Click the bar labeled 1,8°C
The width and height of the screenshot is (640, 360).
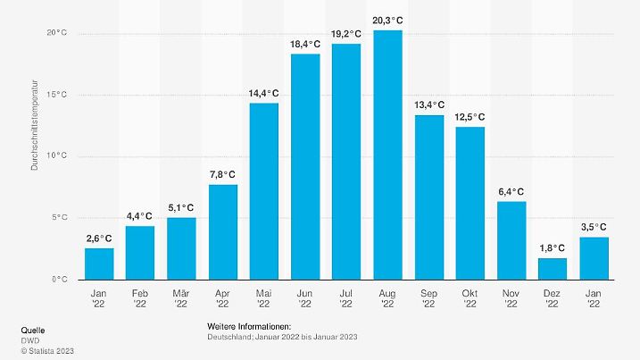tap(553, 268)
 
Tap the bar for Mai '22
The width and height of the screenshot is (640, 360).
tap(263, 191)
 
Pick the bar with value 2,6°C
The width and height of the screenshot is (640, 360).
tap(99, 264)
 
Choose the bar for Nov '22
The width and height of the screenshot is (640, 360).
tap(511, 240)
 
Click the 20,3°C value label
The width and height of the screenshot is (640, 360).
tap(387, 20)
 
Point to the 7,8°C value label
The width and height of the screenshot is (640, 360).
tap(222, 174)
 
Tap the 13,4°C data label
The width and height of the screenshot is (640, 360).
tap(429, 105)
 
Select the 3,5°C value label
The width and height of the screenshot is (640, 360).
tap(594, 227)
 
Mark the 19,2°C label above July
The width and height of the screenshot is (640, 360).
tap(346, 34)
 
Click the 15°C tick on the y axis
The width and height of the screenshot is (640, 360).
tap(57, 95)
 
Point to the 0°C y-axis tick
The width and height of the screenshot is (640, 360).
tap(60, 280)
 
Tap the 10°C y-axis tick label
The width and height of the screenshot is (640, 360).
tap(57, 156)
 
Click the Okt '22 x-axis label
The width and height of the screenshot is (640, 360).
tap(470, 297)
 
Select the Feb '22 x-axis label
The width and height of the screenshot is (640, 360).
tap(140, 297)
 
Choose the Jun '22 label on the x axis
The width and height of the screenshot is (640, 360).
tap(305, 297)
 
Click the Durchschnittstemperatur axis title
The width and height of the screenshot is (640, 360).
tap(35, 130)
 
